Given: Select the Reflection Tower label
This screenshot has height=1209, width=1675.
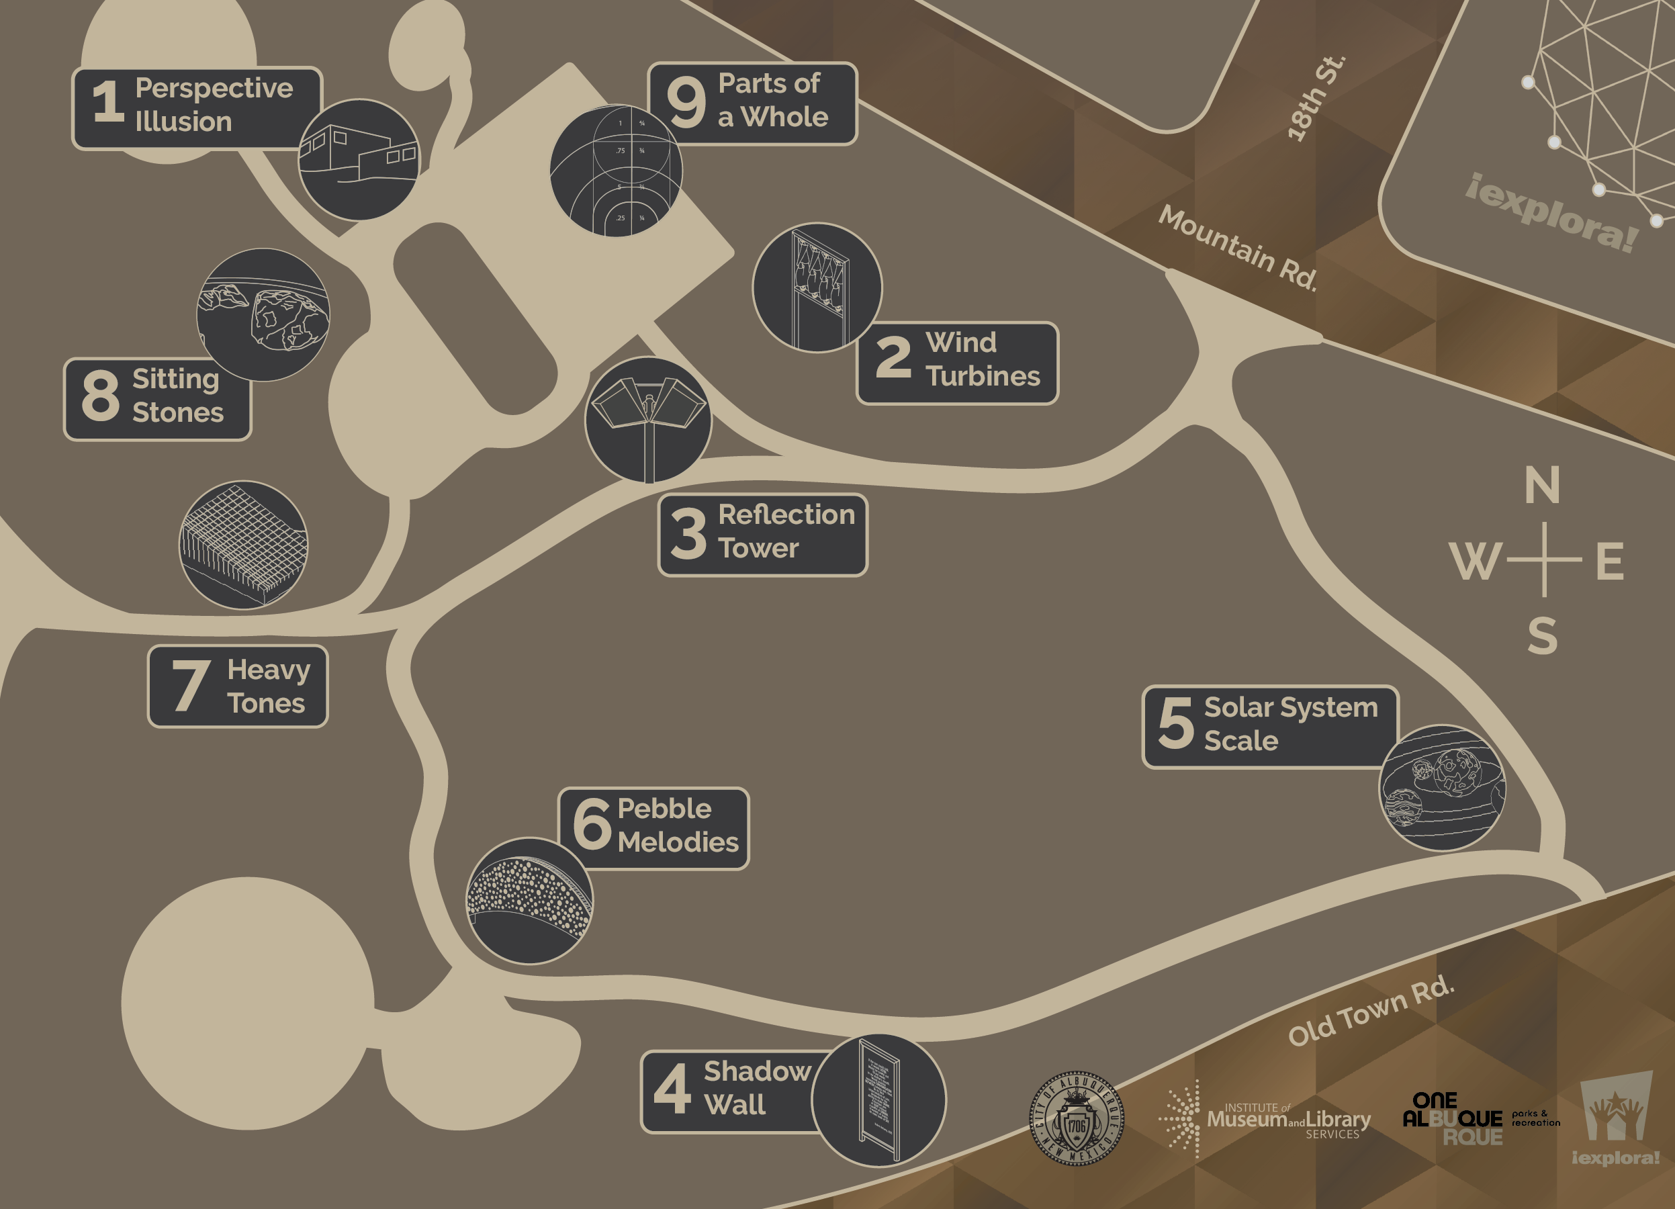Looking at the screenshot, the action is pos(762,533).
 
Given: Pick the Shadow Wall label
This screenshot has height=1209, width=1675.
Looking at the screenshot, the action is pos(731,1089).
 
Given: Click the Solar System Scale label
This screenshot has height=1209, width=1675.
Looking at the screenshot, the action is pos(1269,725).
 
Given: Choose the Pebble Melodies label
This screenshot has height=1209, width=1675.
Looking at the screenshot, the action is pos(654,827).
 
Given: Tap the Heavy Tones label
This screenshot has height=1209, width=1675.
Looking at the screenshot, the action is pos(238,686).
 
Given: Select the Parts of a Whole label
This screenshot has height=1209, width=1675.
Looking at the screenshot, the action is pos(752,103).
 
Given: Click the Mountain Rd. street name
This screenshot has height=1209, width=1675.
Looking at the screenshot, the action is pos(1238,247).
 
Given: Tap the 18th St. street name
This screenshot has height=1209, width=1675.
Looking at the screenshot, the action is pos(1316,98).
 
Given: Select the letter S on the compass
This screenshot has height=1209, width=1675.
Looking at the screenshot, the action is pos(1542,635).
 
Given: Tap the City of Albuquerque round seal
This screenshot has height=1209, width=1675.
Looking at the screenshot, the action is pos(1077,1118).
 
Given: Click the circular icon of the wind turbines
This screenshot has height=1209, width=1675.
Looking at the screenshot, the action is pos(817,287).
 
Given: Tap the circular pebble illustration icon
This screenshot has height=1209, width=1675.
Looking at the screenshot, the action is pos(529,900).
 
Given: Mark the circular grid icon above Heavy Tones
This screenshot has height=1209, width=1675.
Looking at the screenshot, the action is pos(244,545).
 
